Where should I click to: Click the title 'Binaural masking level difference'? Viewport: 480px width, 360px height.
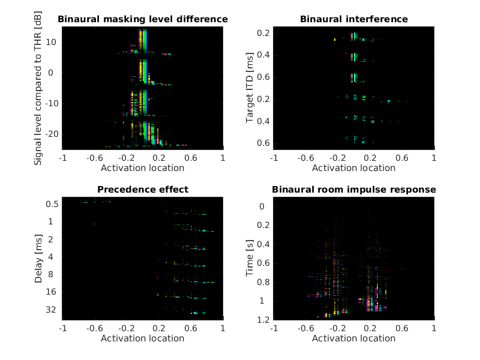point(143,19)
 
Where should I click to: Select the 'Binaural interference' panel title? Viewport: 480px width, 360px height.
point(353,19)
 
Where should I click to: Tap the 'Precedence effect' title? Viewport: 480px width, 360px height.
point(143,190)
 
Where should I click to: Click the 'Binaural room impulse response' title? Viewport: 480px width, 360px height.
point(353,190)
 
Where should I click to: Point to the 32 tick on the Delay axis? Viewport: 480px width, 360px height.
point(53,310)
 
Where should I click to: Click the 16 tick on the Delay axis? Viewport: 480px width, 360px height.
point(53,292)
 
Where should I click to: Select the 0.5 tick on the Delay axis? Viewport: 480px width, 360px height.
point(52,204)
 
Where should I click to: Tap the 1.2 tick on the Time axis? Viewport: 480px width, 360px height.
point(263,319)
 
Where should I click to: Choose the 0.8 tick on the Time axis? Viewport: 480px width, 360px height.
point(263,282)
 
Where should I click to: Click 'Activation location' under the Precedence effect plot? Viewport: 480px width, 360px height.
point(143,338)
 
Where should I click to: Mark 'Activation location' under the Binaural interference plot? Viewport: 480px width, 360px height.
point(353,167)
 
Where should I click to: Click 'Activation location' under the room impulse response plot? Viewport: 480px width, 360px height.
point(353,338)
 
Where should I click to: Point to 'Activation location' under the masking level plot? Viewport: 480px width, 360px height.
point(143,167)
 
